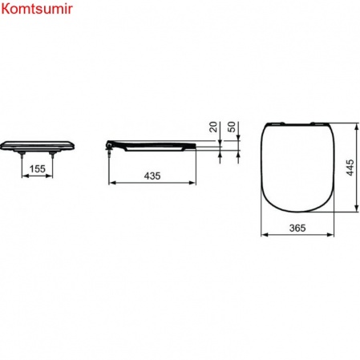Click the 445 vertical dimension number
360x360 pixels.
(349, 169)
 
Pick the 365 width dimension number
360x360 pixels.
(297, 228)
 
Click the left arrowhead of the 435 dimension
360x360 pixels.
(111, 183)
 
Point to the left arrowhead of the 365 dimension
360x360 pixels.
(265, 237)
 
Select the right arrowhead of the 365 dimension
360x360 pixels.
(331, 237)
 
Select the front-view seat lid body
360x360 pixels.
(38, 145)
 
